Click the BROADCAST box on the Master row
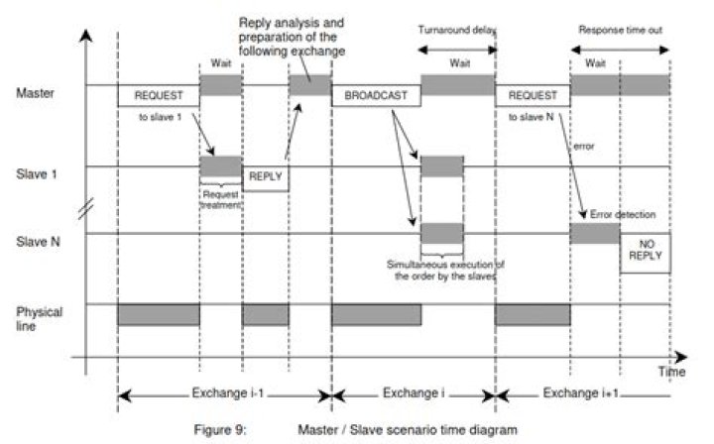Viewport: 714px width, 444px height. [x=376, y=96]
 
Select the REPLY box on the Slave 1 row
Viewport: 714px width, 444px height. [x=265, y=177]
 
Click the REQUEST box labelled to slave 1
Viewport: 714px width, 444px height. [x=159, y=96]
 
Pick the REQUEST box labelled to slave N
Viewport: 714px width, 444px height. [x=532, y=96]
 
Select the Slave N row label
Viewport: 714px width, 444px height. [x=37, y=240]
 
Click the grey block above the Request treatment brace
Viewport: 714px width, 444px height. [x=221, y=166]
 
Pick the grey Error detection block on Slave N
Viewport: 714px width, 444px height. [x=595, y=234]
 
